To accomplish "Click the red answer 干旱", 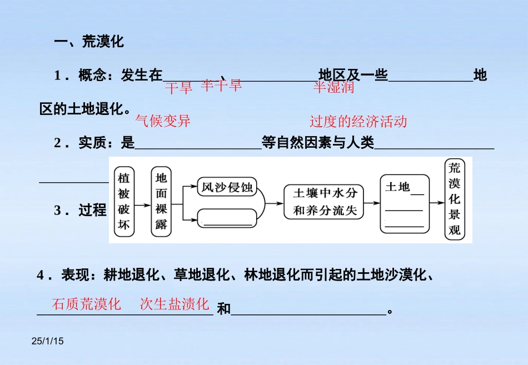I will [x=178, y=87].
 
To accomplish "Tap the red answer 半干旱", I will [x=221, y=85].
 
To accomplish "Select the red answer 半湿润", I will [x=333, y=87].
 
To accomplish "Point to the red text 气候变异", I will [x=163, y=121].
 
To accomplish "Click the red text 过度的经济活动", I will [x=358, y=122].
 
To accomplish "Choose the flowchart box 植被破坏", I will [x=124, y=202].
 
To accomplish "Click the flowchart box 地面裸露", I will [x=161, y=202].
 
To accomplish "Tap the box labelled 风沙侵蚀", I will [x=227, y=188].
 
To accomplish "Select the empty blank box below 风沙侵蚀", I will [x=227, y=217].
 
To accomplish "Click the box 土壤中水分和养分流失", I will [x=325, y=202].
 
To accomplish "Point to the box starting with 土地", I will [x=404, y=203].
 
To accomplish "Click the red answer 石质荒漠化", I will [x=86, y=304].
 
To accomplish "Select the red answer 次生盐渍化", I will [x=175, y=304].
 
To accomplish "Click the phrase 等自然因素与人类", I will [x=318, y=143].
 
